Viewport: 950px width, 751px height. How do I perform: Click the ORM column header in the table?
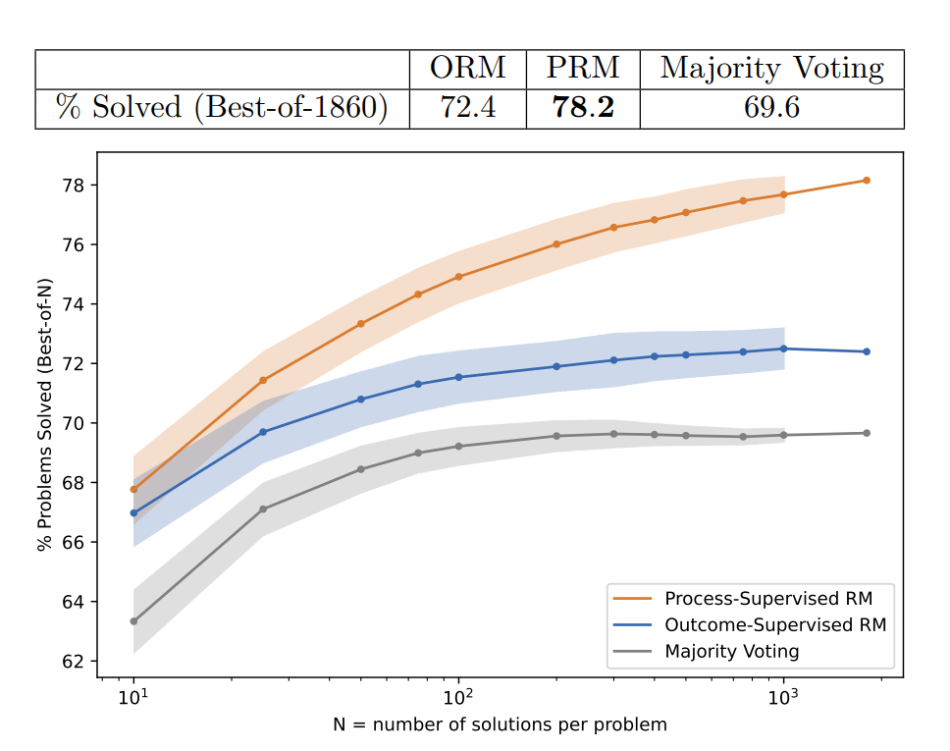click(x=467, y=69)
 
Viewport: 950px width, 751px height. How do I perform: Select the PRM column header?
click(x=583, y=69)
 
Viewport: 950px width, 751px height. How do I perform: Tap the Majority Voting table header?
click(x=771, y=69)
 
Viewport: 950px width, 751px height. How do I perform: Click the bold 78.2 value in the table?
click(x=583, y=107)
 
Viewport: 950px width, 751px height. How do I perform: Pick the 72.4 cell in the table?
click(x=467, y=107)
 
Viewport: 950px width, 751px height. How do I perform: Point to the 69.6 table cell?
click(x=771, y=107)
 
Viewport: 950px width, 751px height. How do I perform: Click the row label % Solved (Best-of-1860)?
click(x=222, y=107)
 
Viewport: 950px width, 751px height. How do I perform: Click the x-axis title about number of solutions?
click(x=500, y=725)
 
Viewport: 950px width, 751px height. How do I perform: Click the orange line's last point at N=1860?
click(x=867, y=181)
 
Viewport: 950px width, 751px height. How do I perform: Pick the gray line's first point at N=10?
click(x=133, y=621)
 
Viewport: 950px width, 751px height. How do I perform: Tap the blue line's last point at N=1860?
click(x=867, y=351)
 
